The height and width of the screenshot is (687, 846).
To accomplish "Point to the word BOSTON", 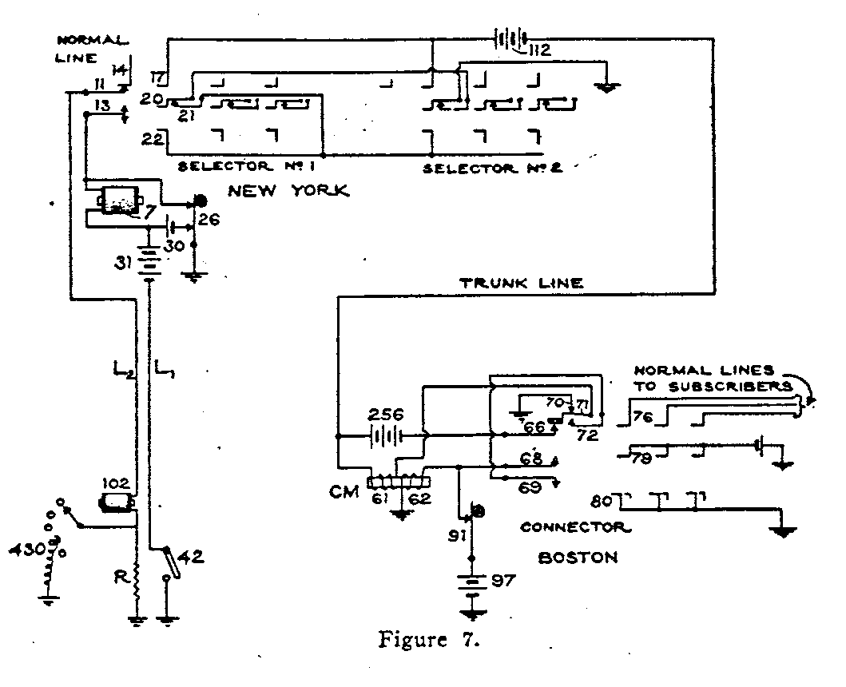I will tap(578, 558).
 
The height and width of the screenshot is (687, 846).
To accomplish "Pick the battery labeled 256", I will tap(385, 436).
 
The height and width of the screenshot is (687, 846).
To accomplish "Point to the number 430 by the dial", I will tap(23, 550).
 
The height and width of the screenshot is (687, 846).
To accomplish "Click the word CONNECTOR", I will tap(575, 526).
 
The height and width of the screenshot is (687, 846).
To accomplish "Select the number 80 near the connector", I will tap(602, 503).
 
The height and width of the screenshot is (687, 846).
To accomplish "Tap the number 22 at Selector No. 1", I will tap(151, 137).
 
